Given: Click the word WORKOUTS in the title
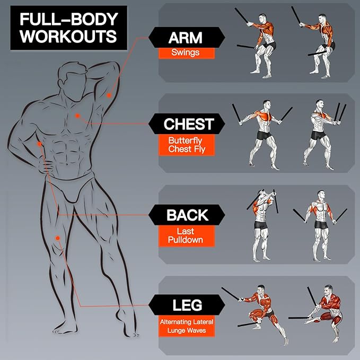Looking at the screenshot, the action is coord(68,36).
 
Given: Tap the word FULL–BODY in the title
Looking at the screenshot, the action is coord(69,19).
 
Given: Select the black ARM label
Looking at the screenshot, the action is coord(187,38).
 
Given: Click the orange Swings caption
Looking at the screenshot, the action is coord(187,53).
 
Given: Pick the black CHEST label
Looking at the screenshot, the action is coord(187,124).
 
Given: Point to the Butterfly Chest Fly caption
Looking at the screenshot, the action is coord(187,145).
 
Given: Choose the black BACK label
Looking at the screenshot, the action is coord(187,215).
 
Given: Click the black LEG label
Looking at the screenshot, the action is coord(187,305).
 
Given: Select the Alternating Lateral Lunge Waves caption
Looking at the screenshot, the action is coord(187,326).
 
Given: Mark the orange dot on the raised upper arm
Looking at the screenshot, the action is coord(109,95).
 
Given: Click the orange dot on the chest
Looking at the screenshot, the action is coord(77,116).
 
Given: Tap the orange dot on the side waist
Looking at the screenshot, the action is coord(39,144).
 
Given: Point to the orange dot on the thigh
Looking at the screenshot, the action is coord(58,238).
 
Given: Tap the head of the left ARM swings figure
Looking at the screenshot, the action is coord(262,18).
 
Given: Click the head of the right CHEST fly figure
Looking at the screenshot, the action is coord(319,104).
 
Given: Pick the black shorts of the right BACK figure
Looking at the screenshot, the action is coord(321,224).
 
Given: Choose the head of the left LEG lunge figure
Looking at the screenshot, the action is coord(261,289).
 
